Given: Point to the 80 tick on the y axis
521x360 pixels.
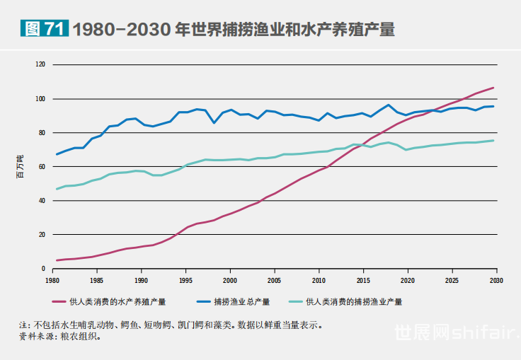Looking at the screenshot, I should coord(41,132).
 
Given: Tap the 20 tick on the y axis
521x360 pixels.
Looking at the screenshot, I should coord(41,234).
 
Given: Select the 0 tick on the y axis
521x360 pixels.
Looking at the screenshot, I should coord(42,269).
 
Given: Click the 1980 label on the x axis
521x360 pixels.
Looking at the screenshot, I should coord(52,280).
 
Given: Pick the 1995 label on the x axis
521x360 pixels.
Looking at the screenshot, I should coord(185,280).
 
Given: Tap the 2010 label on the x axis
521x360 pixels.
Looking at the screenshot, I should coord(319,280).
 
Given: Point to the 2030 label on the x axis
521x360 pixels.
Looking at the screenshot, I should coord(496,280).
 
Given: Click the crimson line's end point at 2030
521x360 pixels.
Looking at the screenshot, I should coord(494,88).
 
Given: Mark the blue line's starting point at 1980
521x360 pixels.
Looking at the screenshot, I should coord(57,154).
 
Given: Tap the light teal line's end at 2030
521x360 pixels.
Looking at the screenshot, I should coord(494,140).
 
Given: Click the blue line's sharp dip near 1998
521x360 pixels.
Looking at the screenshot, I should coord(214,123).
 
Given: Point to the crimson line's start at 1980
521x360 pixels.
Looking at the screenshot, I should coord(57,260).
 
